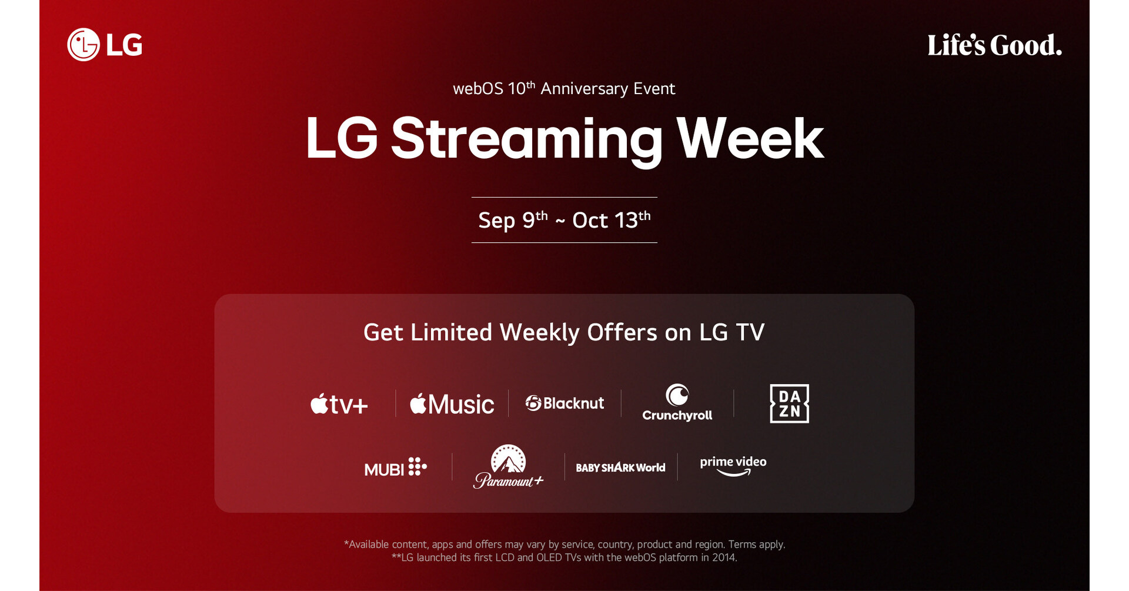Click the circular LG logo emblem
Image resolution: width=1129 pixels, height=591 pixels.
tap(83, 45)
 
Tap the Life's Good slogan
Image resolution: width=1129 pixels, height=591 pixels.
tap(994, 45)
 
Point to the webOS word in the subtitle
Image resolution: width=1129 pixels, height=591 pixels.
tap(477, 89)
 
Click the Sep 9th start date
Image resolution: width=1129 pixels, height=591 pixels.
tap(512, 221)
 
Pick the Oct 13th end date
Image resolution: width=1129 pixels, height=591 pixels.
tap(611, 221)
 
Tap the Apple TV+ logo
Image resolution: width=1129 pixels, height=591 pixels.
tap(339, 404)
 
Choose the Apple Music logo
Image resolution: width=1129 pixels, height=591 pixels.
tap(452, 404)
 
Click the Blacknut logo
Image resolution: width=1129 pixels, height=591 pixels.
tap(564, 403)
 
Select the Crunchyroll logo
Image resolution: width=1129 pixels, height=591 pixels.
tap(677, 403)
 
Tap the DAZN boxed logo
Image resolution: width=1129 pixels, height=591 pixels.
tap(789, 403)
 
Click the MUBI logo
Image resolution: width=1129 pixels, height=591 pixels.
tap(395, 468)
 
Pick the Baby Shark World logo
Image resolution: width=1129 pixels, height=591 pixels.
tap(620, 468)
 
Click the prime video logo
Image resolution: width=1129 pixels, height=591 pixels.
tap(733, 466)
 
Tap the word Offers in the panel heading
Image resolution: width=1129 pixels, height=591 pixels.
tap(622, 333)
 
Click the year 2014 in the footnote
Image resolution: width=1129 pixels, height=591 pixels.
tap(724, 557)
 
